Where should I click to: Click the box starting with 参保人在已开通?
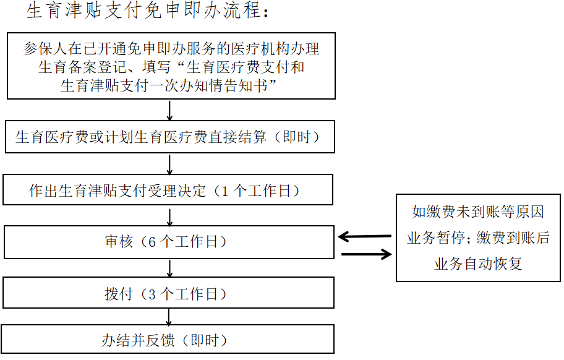[171, 66]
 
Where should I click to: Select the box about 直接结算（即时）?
[169, 137]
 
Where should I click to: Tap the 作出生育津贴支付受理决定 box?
[168, 190]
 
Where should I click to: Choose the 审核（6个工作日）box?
[169, 242]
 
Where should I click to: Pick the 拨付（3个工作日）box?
[169, 293]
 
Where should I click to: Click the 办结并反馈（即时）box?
[168, 340]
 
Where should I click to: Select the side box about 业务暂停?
[479, 238]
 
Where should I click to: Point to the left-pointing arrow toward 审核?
[365, 236]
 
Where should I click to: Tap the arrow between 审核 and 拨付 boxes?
[169, 267]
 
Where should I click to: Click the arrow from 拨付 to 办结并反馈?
[169, 316]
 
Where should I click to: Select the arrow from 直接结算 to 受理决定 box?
[169, 164]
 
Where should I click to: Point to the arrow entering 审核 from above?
[169, 216]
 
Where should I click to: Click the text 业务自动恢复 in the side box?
[478, 264]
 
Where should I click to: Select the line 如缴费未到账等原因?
[478, 212]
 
